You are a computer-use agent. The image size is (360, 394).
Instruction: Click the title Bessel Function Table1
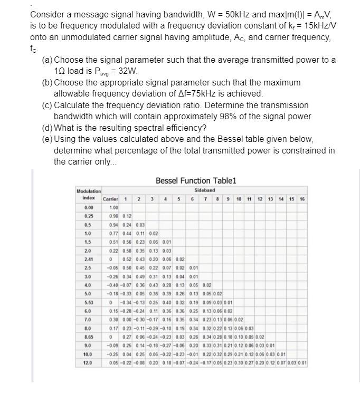click(x=196, y=181)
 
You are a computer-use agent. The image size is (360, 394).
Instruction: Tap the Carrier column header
click(x=110, y=199)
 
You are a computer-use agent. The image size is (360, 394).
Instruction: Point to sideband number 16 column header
click(x=302, y=199)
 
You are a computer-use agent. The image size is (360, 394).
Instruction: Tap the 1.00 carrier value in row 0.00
click(x=113, y=207)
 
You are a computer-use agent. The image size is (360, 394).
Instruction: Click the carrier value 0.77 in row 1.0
click(x=113, y=233)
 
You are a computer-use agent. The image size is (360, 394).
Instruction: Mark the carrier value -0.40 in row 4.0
click(x=111, y=284)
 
